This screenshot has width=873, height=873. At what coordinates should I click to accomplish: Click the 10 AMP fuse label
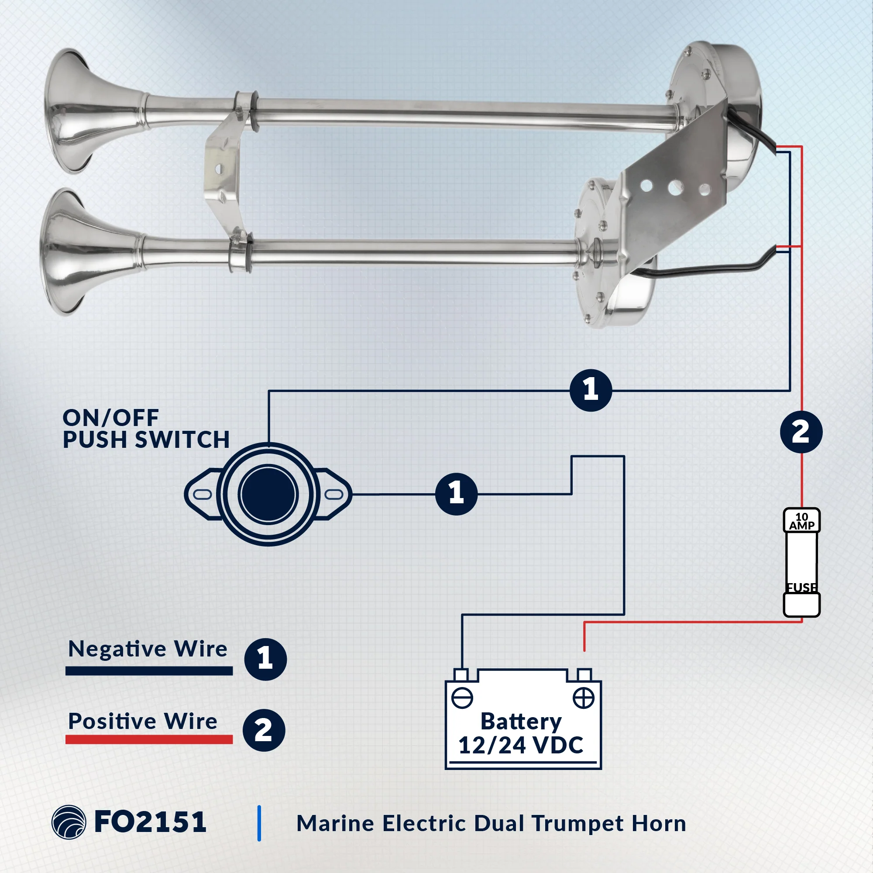click(x=801, y=521)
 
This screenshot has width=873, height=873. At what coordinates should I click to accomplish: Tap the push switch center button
click(x=268, y=494)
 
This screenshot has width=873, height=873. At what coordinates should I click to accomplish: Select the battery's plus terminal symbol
click(x=583, y=698)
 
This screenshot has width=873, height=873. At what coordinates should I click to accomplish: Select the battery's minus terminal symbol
click(x=462, y=698)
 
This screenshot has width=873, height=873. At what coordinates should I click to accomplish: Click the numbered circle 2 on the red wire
click(x=801, y=432)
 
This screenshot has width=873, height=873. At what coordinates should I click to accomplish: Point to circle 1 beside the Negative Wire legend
click(x=265, y=659)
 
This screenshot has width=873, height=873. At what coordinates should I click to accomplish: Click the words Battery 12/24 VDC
click(x=521, y=733)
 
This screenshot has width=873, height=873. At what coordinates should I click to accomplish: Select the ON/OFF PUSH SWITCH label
click(x=146, y=429)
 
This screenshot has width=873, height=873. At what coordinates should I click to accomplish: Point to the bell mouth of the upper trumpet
click(x=68, y=111)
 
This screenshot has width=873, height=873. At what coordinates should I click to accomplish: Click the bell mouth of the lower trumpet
click(x=65, y=252)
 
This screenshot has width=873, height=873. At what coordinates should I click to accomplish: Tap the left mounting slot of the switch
click(x=203, y=494)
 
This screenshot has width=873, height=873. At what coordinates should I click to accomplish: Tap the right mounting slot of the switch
click(x=334, y=494)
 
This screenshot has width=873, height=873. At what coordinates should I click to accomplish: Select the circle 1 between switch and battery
click(x=457, y=494)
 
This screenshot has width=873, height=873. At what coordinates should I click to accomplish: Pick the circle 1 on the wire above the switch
click(x=591, y=390)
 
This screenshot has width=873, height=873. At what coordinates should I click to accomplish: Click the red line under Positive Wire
click(x=149, y=739)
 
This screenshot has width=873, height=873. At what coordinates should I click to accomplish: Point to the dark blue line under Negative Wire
click(x=149, y=670)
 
